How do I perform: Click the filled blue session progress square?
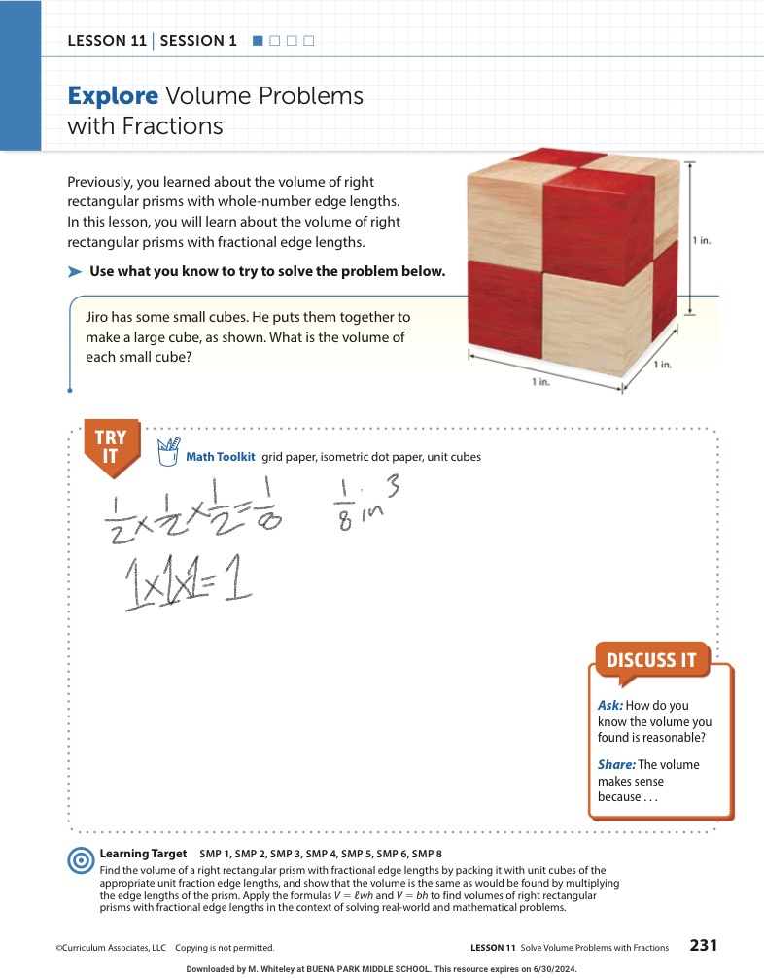point(258,41)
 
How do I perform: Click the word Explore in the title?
point(113,96)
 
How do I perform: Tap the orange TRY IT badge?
point(112,447)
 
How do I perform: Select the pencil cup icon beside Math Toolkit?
point(168,452)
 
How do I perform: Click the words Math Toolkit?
point(220,457)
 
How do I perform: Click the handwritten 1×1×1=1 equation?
point(188,581)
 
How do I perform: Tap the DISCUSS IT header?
point(652,660)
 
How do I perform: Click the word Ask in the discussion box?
point(610,706)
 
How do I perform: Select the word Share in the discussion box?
point(616,765)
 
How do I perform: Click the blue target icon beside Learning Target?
point(81,860)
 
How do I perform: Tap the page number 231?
point(704,946)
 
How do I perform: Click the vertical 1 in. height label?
point(702,241)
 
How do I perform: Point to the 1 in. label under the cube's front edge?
point(540,382)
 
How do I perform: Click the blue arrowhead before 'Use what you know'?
point(75,272)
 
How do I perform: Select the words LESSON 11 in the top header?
point(107,41)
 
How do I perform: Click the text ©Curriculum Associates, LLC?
point(111,948)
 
